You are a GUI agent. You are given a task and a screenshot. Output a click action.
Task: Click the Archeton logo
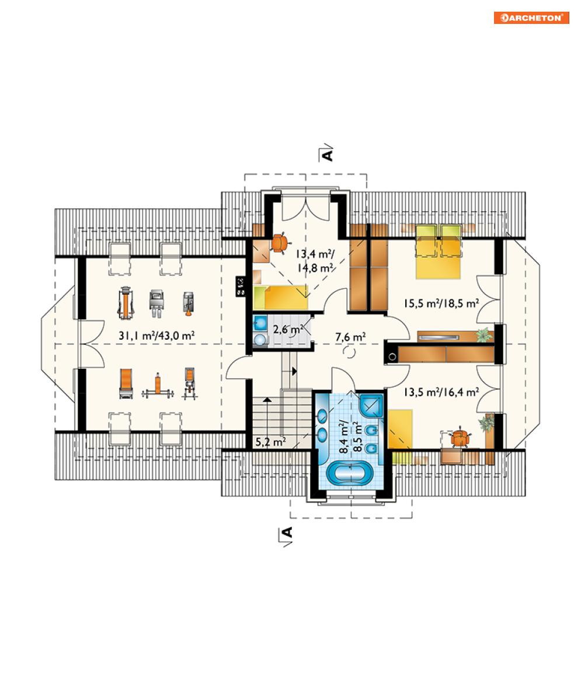click(531, 18)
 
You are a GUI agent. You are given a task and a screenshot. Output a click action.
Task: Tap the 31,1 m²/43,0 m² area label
click(156, 336)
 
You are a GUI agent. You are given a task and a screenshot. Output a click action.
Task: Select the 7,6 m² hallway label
click(350, 337)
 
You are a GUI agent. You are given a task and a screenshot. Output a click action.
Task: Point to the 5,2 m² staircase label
click(271, 441)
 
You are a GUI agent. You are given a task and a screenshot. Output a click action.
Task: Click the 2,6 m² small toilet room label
click(288, 329)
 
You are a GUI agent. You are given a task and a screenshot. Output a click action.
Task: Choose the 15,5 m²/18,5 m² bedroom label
click(441, 303)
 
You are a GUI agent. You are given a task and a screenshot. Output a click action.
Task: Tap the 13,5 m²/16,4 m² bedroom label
click(441, 392)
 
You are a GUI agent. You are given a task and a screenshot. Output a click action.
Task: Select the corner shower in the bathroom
click(371, 404)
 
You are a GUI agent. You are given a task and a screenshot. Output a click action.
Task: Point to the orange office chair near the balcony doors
click(280, 242)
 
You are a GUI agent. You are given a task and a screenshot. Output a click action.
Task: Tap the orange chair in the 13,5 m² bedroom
click(460, 438)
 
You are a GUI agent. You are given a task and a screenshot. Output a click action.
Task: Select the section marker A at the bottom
click(287, 533)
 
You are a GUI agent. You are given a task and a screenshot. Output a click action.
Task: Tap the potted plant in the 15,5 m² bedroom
click(484, 336)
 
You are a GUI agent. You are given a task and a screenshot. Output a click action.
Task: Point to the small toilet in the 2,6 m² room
click(260, 339)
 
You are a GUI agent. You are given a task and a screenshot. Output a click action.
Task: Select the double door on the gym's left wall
click(91, 344)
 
